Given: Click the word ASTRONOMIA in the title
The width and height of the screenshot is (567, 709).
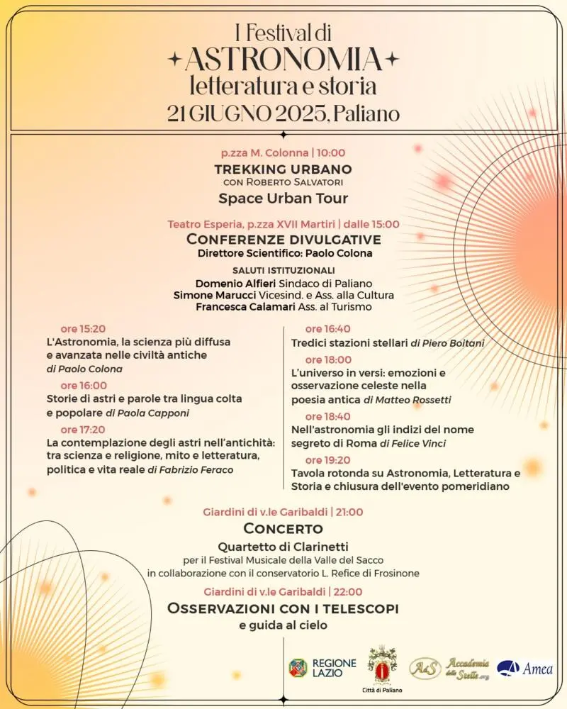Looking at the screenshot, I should click(283, 60).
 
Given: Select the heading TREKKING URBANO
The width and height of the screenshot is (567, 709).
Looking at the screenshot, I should click(283, 169).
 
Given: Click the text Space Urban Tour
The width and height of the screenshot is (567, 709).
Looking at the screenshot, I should click(283, 198).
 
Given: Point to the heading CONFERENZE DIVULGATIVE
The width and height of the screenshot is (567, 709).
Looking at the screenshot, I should click(283, 239).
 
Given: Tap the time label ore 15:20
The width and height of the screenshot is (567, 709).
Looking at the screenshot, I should click(83, 328).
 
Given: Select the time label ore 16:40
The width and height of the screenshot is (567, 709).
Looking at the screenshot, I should click(327, 328).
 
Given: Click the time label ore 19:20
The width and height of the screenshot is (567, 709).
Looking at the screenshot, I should click(327, 460).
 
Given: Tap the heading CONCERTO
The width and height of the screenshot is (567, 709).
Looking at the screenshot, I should click(283, 528).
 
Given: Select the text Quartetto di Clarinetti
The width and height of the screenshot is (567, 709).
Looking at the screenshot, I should click(283, 547).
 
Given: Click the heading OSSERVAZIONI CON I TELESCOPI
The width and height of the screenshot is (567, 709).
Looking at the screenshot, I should click(283, 608).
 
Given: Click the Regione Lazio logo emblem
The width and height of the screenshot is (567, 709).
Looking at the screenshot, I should click(298, 668).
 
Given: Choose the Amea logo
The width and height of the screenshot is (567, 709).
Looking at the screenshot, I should click(525, 668).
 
